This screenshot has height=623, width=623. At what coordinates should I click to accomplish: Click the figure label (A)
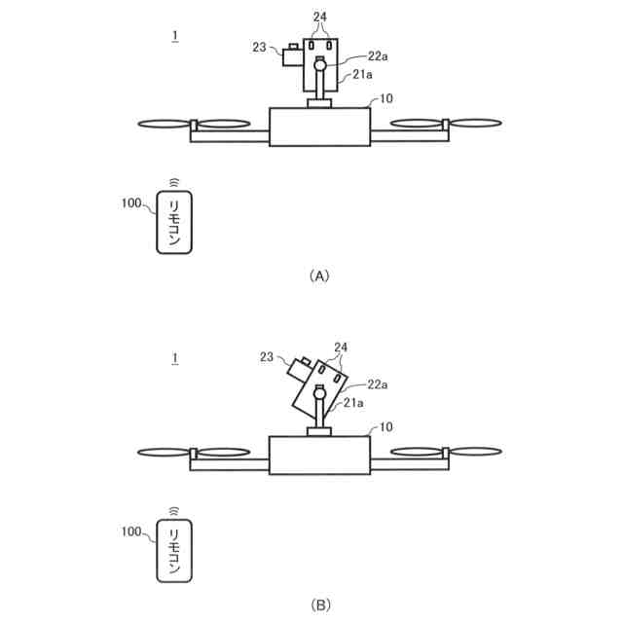tap(318, 275)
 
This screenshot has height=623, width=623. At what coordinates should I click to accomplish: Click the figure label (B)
tap(318, 605)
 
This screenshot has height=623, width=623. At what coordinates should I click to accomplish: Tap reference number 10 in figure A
tap(385, 99)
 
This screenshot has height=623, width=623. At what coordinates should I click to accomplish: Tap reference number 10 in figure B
tap(385, 427)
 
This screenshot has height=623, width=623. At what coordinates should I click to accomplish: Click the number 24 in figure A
tap(320, 17)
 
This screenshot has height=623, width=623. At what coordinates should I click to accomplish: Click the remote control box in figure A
tap(174, 223)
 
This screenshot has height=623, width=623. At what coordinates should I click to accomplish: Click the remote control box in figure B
tap(174, 552)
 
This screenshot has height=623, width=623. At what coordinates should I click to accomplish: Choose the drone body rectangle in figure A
tap(319, 127)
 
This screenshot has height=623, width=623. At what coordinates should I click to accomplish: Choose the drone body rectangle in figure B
tap(319, 455)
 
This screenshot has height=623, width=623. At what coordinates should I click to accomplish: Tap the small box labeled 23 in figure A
tap(292, 56)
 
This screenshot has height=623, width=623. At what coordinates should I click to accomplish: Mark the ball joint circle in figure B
tap(319, 394)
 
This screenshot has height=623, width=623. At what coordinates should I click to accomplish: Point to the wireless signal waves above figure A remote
tap(174, 182)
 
